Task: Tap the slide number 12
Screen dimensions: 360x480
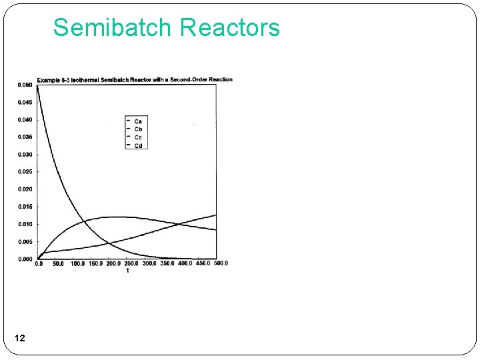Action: pos(19,339)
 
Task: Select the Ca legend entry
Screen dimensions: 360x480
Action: pos(138,120)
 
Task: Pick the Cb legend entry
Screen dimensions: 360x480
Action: pos(138,129)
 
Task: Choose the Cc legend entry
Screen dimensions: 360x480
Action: pos(138,137)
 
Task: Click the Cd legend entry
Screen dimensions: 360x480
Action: pos(138,145)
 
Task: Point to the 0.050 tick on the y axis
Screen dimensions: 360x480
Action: pos(25,85)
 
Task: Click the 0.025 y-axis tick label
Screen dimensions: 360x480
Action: pos(25,171)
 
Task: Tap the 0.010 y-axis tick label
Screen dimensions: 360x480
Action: pos(25,224)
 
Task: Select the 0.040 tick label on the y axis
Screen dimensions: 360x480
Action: pos(25,119)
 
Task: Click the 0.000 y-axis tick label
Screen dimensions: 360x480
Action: pos(25,259)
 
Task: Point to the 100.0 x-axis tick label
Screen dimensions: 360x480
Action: pos(77,263)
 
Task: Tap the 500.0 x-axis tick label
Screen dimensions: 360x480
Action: pos(220,263)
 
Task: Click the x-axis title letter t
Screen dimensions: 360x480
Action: pos(127,270)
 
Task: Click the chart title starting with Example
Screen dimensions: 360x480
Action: pos(135,79)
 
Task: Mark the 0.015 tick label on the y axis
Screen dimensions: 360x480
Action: pos(25,207)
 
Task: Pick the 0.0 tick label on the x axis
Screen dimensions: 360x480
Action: pos(39,263)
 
